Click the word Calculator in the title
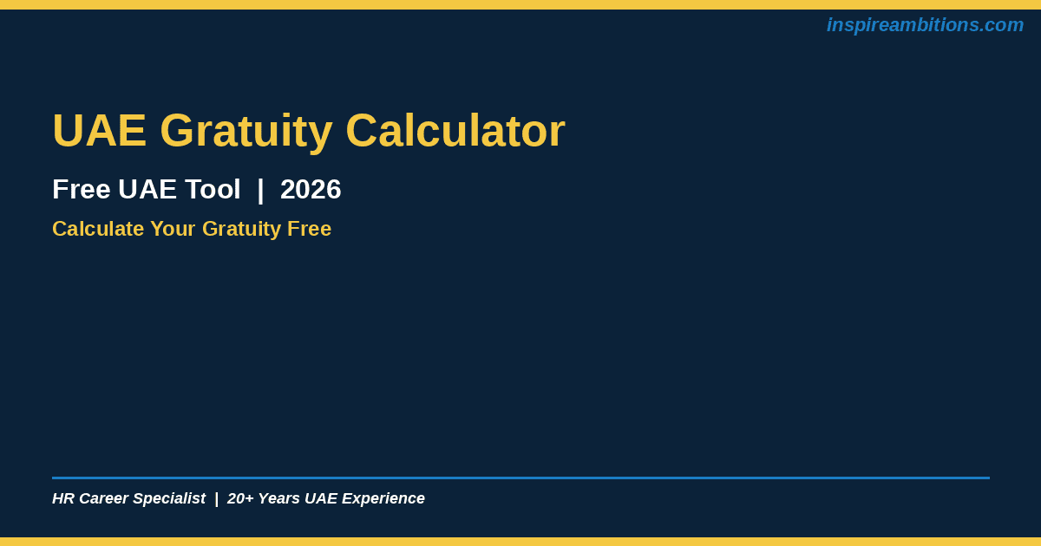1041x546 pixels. point(455,131)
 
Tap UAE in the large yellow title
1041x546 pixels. point(100,131)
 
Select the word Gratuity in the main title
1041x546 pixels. point(246,133)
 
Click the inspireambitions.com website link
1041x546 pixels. point(925,25)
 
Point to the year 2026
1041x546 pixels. point(311,190)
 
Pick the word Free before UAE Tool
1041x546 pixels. point(82,190)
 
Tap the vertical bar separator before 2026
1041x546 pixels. point(260,190)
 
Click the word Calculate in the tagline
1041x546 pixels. point(98,229)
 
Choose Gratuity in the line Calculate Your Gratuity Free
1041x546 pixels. point(241,230)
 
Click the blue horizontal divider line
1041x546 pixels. point(521,478)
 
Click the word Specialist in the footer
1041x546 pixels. point(169,498)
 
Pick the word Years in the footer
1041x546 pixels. point(278,498)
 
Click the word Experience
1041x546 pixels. point(383,498)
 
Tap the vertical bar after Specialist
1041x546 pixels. point(217,498)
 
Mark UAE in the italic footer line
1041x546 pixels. point(321,498)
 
